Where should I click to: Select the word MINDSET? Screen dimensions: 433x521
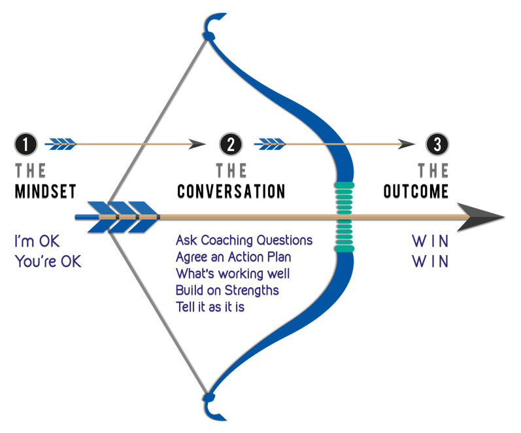(45, 192)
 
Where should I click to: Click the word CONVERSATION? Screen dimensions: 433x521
(231, 192)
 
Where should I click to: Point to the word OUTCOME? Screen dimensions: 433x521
(416, 192)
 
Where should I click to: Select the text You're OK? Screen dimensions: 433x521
(48, 261)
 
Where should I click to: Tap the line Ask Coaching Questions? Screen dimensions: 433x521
(244, 241)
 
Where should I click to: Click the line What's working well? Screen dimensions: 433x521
(233, 273)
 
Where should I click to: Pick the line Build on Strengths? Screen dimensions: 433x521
(227, 290)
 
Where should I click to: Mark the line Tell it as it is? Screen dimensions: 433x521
(210, 306)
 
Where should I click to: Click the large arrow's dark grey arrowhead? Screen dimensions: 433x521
(484, 217)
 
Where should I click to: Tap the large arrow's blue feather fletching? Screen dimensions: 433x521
(118, 217)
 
